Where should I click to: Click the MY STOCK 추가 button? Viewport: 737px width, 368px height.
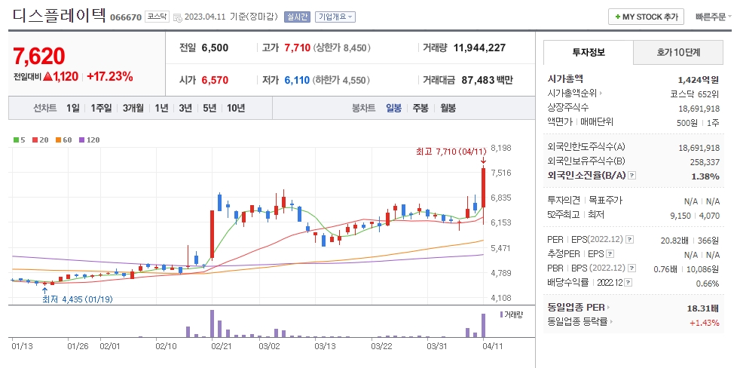[x=645, y=17]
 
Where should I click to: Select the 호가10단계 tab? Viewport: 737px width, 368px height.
[x=677, y=52]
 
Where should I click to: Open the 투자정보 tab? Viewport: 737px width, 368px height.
[x=588, y=52]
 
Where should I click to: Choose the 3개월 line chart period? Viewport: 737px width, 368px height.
[x=133, y=108]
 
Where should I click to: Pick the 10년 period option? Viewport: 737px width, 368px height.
[x=235, y=108]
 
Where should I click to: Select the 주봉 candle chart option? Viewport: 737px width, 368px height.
[x=420, y=108]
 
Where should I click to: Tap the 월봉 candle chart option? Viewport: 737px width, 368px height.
[x=448, y=108]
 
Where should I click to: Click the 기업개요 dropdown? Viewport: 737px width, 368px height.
[x=335, y=17]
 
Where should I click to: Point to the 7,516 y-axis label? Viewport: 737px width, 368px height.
[x=501, y=173]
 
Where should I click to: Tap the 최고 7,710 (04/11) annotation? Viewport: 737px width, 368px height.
[x=449, y=152]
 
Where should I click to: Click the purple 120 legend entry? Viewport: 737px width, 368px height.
[x=90, y=140]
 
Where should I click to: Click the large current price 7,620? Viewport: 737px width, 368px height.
[x=39, y=56]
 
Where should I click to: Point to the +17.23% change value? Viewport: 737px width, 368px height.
[x=109, y=76]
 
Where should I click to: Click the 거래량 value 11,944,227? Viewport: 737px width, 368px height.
[x=479, y=48]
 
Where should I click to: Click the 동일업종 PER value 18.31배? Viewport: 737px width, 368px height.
[x=702, y=308]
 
